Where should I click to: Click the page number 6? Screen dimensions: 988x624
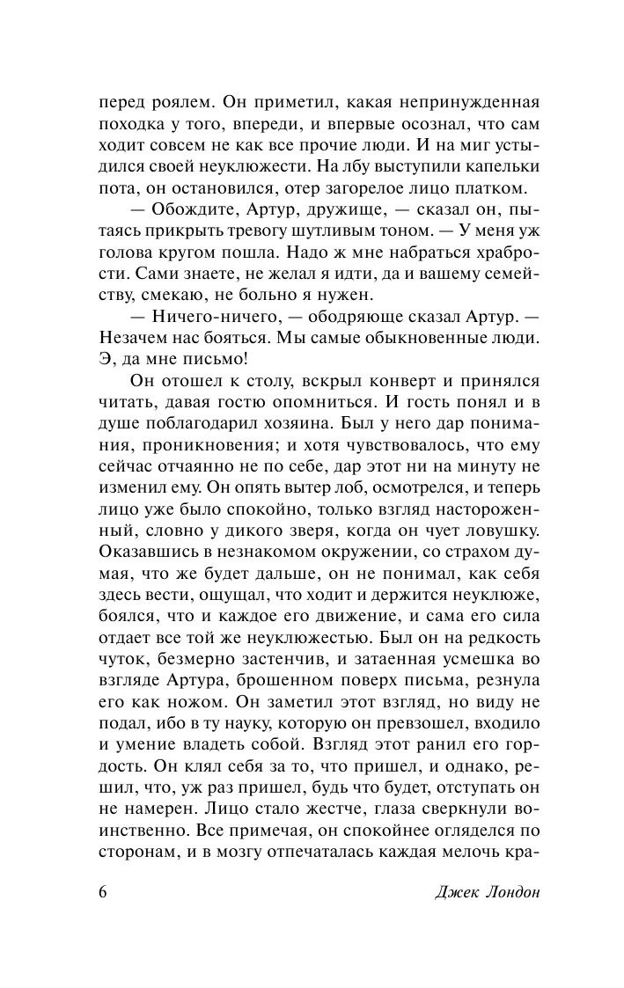pyautogui.click(x=104, y=891)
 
